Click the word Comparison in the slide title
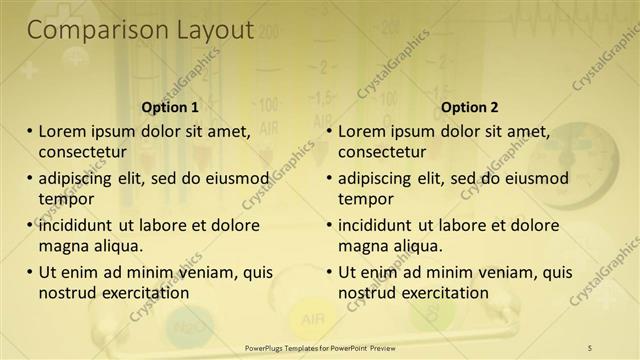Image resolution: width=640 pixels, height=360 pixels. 88,31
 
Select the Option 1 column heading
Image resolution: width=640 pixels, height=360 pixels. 170,107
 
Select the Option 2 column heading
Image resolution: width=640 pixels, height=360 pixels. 469,107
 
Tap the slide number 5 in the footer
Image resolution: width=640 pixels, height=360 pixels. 589,347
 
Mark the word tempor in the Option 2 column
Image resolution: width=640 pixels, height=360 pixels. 366,199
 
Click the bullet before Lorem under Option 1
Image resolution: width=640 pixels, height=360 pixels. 29,130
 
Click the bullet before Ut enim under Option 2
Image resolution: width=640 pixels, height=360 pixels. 329,271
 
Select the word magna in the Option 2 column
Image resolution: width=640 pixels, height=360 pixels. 362,246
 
